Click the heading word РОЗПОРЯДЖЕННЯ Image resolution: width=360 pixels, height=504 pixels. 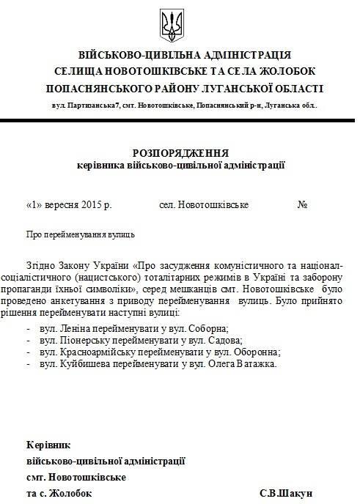pyautogui.click(x=180, y=153)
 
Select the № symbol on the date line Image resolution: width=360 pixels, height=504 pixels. pyautogui.click(x=301, y=204)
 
